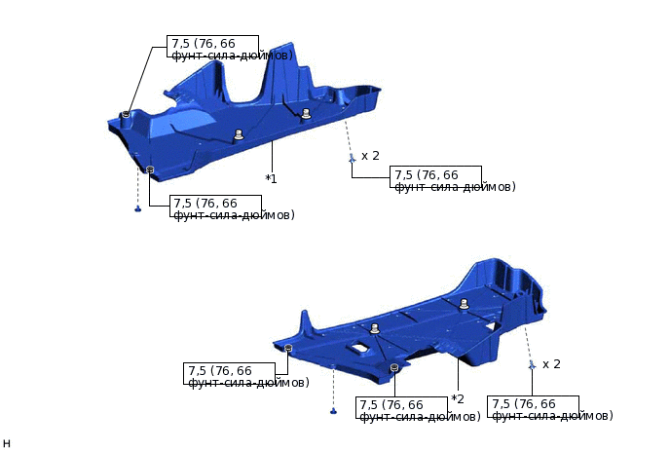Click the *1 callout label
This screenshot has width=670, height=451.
pos(272,178)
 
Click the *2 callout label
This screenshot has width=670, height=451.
pos(458,398)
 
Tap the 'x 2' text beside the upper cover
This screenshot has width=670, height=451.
pos(370,156)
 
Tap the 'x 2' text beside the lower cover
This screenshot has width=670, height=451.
pos(551,364)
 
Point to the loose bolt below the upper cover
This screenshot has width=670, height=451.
pos(138,208)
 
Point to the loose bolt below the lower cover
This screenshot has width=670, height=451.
pos(333,411)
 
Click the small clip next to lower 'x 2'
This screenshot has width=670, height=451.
pos(532,365)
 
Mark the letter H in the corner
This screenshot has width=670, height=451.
pos(7,443)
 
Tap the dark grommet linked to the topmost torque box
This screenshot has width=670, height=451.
pos(126,114)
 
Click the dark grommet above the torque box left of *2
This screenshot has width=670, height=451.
pos(393,368)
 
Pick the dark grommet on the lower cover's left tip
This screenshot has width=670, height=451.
pos(289,348)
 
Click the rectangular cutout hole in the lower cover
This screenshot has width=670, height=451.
pos(362,347)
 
